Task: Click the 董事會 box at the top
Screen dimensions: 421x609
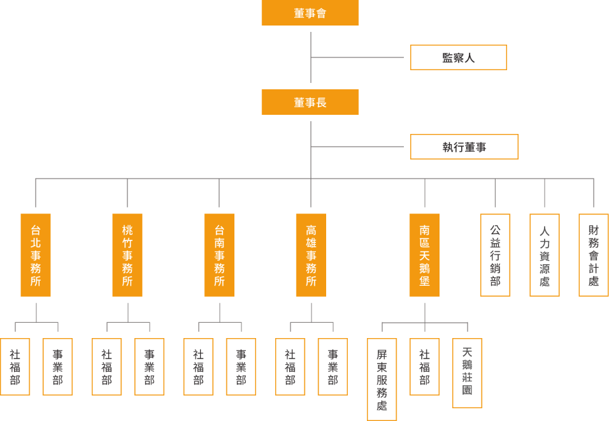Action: pyautogui.click(x=310, y=13)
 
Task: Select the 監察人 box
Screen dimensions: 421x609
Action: pyautogui.click(x=458, y=57)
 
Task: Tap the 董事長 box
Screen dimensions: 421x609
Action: pyautogui.click(x=310, y=102)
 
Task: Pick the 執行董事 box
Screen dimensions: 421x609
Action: pyautogui.click(x=464, y=147)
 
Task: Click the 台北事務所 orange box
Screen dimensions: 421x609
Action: pyautogui.click(x=36, y=255)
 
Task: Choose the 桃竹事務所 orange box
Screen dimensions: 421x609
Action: pyautogui.click(x=127, y=255)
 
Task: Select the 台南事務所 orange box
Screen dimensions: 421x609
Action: pyautogui.click(x=219, y=255)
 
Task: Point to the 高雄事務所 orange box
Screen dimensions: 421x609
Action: pyautogui.click(x=311, y=255)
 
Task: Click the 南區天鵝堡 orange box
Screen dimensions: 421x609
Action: pyautogui.click(x=424, y=255)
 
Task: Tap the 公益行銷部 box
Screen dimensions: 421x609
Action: pyautogui.click(x=495, y=255)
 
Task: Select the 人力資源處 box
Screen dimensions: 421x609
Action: pyautogui.click(x=545, y=255)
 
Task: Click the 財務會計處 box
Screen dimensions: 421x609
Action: pyautogui.click(x=594, y=255)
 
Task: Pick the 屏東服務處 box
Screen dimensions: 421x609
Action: pyautogui.click(x=382, y=380)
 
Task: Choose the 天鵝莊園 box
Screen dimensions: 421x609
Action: pyautogui.click(x=467, y=373)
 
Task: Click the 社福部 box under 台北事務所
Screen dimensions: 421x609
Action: pyautogui.click(x=15, y=367)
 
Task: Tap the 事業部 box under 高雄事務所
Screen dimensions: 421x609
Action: pyautogui.click(x=333, y=367)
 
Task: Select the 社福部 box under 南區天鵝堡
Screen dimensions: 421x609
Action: pyautogui.click(x=424, y=367)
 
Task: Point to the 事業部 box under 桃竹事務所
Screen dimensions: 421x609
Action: pyautogui.click(x=149, y=367)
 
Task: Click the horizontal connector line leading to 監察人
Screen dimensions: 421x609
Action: pyautogui.click(x=357, y=57)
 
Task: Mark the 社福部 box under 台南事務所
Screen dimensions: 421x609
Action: pyautogui.click(x=198, y=367)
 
